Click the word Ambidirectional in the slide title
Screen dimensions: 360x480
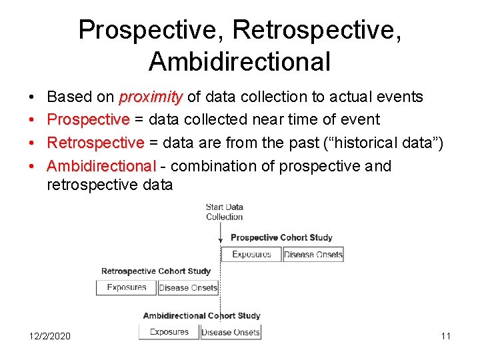click(239, 61)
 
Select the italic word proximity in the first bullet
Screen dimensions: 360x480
click(151, 97)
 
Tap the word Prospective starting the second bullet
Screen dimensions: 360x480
click(88, 120)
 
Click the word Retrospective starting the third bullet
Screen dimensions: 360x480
click(95, 143)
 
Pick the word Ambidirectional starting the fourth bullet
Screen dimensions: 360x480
click(101, 166)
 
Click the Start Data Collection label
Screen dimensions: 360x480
click(225, 212)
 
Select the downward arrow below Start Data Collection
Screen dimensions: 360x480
click(221, 233)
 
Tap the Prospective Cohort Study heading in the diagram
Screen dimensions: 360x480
click(281, 237)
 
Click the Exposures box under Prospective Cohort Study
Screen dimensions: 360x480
click(251, 254)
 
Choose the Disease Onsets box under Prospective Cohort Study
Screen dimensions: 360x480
click(313, 254)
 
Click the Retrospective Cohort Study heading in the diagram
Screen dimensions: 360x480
click(155, 271)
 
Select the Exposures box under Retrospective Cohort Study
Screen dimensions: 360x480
click(127, 287)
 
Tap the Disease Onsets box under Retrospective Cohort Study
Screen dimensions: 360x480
click(188, 288)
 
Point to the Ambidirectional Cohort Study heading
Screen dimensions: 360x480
click(201, 315)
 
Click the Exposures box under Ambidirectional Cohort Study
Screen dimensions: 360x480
click(169, 332)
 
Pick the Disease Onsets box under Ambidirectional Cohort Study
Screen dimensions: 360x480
click(230, 332)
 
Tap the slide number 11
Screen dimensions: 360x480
click(445, 336)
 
